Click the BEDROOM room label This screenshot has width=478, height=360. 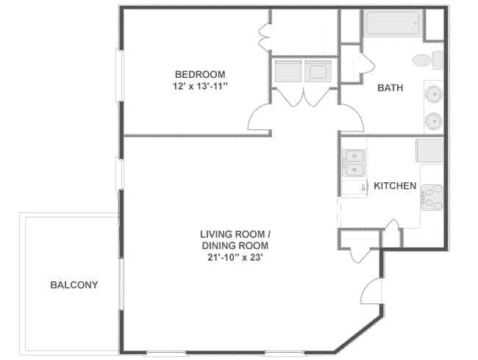tap(200, 74)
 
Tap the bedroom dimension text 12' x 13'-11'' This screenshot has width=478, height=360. tap(200, 86)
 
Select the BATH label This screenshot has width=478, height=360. tap(390, 87)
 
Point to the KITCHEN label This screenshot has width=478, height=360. tap(395, 186)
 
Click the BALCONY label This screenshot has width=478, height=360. tap(74, 285)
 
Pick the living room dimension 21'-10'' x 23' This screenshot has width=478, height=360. tap(235, 258)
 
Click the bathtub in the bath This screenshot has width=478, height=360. tap(393, 22)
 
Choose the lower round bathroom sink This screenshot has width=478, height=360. tap(433, 120)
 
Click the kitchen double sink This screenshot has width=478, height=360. tap(354, 162)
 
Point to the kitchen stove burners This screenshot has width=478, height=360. tap(432, 198)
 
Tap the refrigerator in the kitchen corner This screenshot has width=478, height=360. tap(429, 151)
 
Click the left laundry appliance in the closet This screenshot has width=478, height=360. tap(288, 71)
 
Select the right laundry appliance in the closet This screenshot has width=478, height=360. tap(318, 71)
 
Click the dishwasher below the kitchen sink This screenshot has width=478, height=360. tap(354, 189)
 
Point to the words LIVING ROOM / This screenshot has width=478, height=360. tap(235, 234)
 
